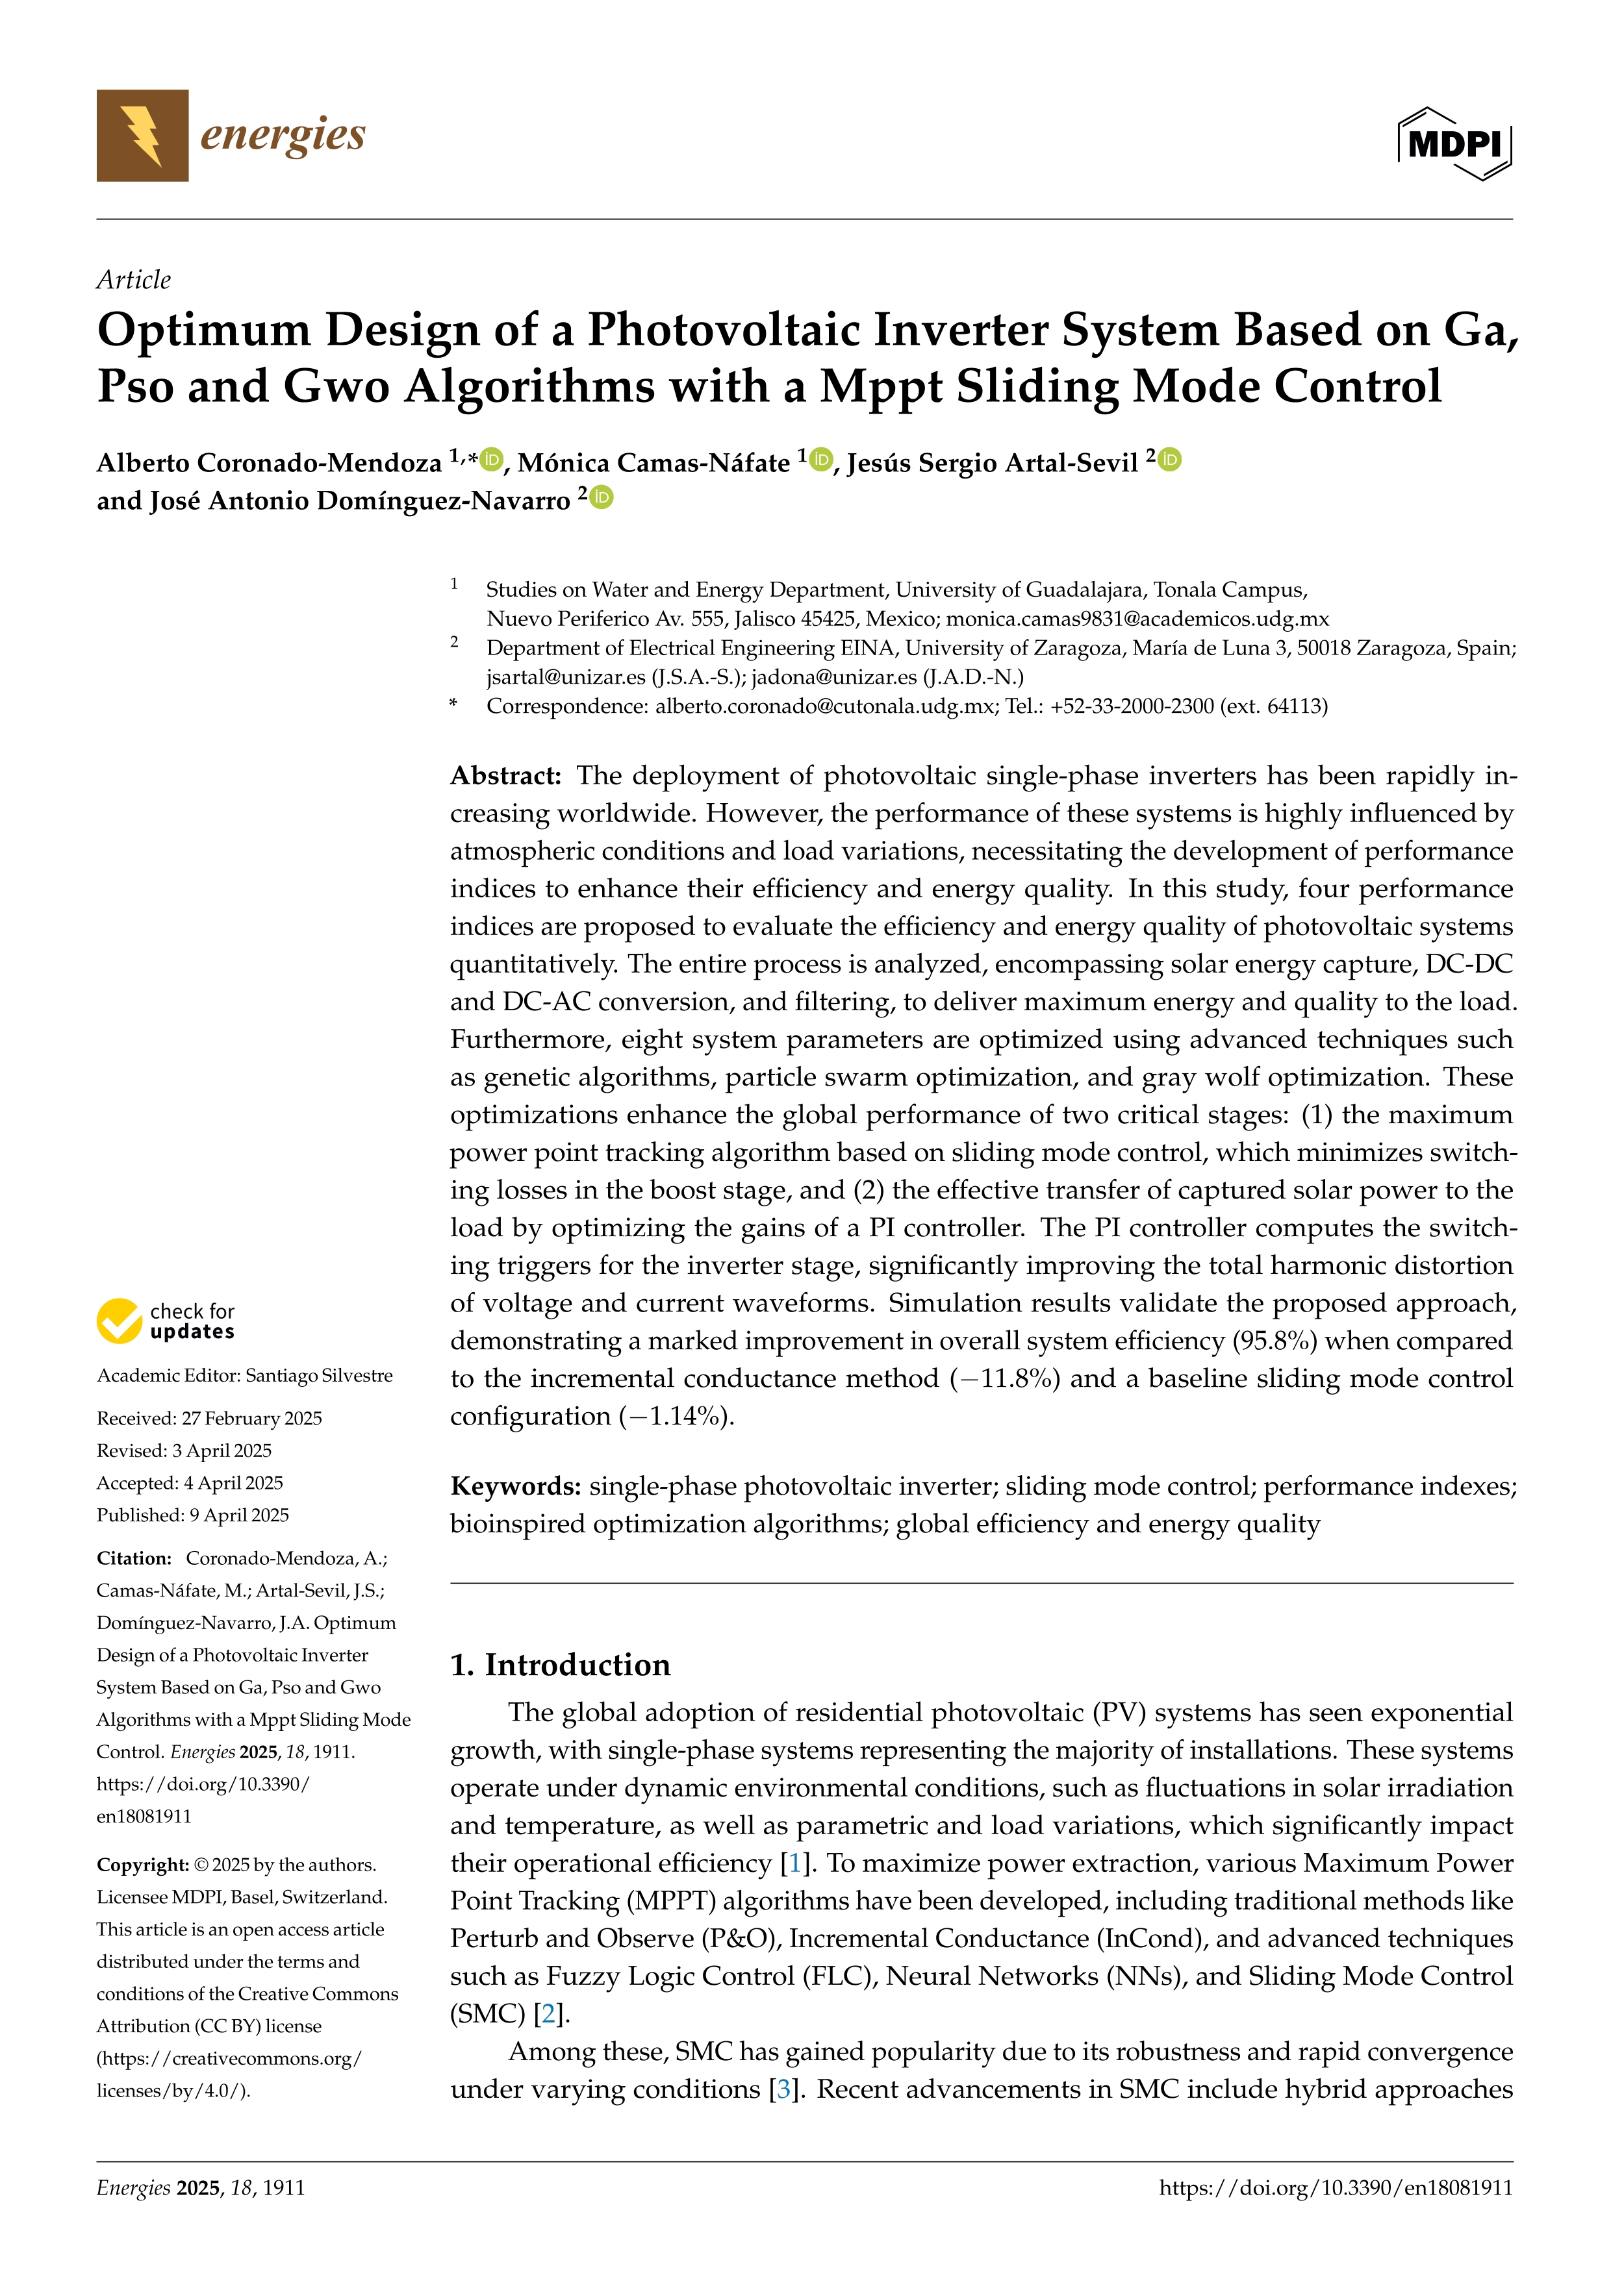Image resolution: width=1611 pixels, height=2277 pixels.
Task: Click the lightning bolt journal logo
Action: (x=142, y=136)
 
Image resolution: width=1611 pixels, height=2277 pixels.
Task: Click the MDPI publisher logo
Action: (x=1454, y=143)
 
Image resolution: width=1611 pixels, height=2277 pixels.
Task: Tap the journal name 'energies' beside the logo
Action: (x=283, y=135)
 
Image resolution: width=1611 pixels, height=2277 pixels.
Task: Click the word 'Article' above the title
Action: (x=133, y=280)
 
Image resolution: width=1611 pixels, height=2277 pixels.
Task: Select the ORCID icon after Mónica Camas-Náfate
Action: (x=820, y=459)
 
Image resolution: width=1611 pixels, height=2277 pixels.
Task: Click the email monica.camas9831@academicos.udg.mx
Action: (x=1137, y=619)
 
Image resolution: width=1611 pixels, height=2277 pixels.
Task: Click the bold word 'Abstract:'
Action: (x=506, y=775)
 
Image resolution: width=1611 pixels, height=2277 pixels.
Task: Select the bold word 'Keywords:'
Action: (x=515, y=1486)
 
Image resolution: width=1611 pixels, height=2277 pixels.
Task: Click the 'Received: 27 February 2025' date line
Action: (x=209, y=1418)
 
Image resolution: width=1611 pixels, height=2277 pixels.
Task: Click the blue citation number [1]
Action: (x=794, y=1863)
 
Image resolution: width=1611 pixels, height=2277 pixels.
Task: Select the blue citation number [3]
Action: (x=783, y=2089)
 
